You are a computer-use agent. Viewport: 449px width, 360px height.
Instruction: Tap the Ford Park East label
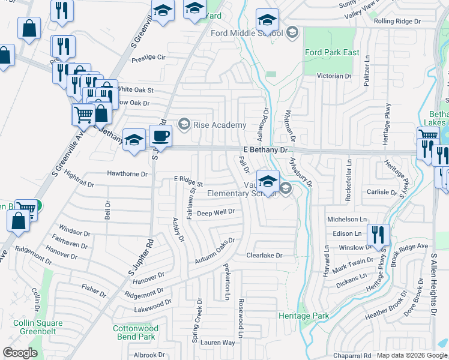pos(332,52)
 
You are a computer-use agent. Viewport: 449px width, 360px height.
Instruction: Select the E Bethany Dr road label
pos(266,149)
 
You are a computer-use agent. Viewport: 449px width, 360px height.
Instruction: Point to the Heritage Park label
pos(304,316)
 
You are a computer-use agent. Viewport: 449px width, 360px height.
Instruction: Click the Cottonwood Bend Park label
pos(136,333)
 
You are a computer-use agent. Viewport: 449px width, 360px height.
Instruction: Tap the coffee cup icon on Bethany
pos(160,136)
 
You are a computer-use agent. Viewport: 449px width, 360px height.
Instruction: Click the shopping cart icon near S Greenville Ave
pos(83,113)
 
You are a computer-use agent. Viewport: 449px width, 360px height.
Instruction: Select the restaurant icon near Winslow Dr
pos(378,234)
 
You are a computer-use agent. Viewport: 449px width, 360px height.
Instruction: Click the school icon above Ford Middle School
pos(267,19)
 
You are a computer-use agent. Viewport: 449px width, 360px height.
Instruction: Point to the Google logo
pos(20,352)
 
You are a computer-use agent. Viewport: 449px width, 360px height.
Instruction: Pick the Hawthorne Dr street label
pos(127,174)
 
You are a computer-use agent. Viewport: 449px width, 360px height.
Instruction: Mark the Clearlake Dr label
pos(264,256)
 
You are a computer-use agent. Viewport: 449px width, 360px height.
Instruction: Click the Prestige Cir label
pos(148,58)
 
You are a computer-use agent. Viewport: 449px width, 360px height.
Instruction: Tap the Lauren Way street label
pos(218,343)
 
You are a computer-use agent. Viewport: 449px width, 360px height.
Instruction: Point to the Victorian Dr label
pos(334,76)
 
